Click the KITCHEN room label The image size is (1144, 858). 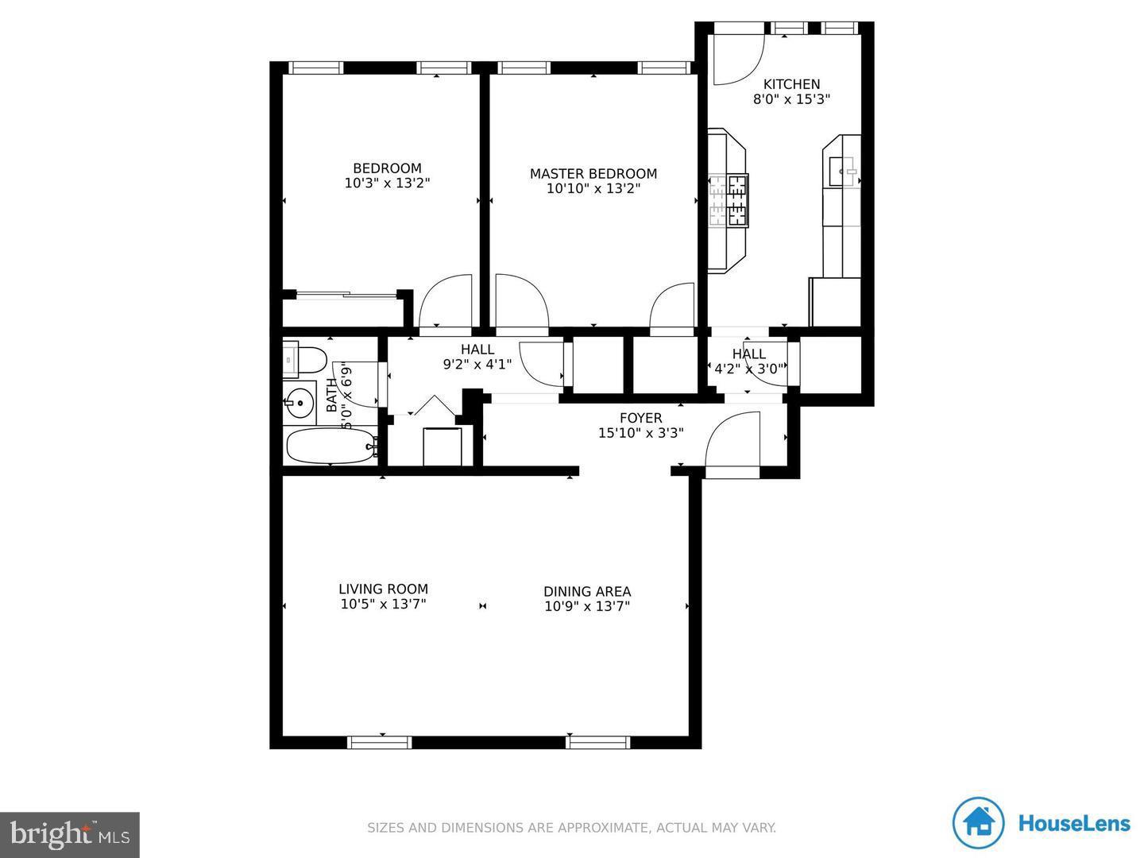point(791,84)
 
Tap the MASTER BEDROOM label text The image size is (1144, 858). point(593,174)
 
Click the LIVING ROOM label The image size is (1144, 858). point(383,589)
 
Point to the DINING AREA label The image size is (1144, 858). point(587,592)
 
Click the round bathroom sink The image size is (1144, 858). point(300,403)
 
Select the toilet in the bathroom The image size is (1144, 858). point(306,360)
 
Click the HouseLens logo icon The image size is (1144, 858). point(979,824)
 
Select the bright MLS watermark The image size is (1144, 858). point(70,834)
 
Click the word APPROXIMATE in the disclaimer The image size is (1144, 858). point(602,828)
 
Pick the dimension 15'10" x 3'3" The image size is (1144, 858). point(640,434)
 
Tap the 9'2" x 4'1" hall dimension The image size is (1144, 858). point(477,365)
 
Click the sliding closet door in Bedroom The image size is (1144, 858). point(347,296)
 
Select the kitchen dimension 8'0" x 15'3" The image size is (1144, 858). point(791,100)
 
